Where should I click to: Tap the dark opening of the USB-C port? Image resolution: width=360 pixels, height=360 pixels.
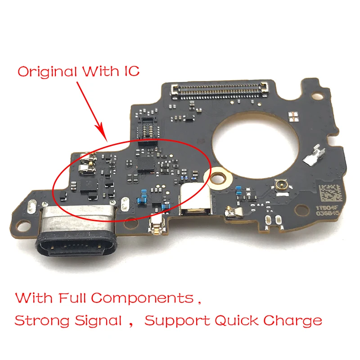(x=76, y=247)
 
